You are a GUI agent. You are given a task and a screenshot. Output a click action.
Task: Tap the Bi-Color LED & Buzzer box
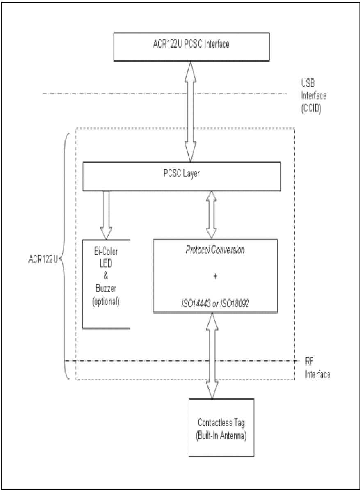click(x=106, y=283)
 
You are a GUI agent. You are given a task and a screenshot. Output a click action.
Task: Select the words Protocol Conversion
click(x=215, y=250)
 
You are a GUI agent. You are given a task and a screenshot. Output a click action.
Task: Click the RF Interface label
click(x=316, y=368)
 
